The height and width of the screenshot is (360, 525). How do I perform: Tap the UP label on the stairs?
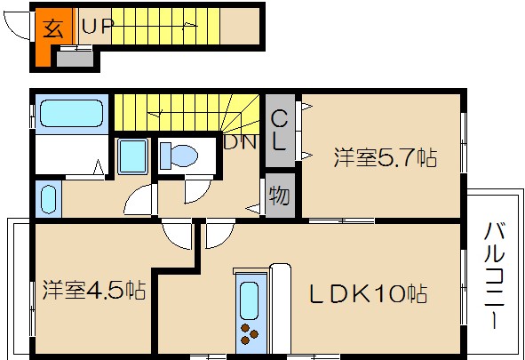point(98,26)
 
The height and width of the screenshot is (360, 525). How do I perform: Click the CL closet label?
point(279,129)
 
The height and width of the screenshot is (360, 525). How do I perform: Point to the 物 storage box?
point(278,196)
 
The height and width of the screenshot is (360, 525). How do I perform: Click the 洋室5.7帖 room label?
point(385,159)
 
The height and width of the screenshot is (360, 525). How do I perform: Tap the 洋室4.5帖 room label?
point(94,290)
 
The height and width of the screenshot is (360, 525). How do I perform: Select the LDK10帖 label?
point(368,292)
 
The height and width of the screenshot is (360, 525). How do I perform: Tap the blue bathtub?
point(72,115)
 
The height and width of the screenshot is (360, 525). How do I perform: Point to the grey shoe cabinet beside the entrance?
point(75,59)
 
